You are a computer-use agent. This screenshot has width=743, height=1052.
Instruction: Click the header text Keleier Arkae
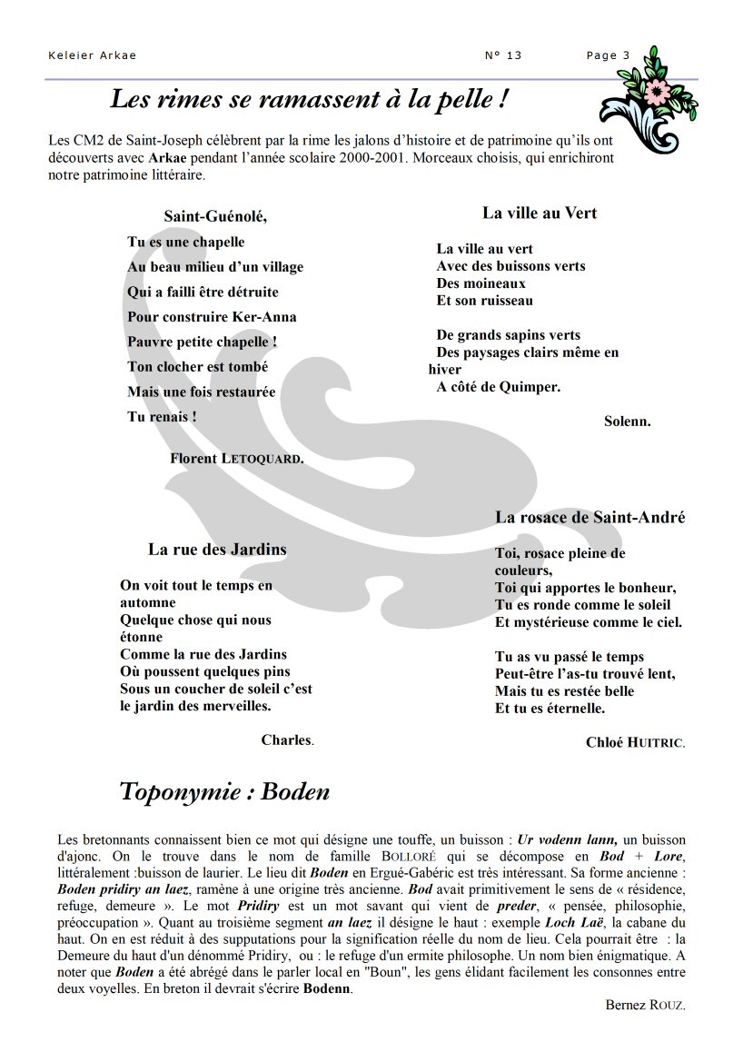coord(92,55)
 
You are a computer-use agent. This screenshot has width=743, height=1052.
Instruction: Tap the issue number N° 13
coord(503,55)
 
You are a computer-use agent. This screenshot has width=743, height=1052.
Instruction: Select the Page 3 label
coord(608,55)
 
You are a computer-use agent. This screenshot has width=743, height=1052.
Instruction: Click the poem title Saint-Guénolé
coord(215,216)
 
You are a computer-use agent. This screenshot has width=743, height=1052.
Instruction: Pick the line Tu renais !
coord(162,417)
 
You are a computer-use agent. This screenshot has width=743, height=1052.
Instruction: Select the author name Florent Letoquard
coord(236,459)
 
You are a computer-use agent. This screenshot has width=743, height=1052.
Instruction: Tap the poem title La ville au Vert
coord(540,213)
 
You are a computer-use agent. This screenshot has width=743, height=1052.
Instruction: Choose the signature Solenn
coord(627,422)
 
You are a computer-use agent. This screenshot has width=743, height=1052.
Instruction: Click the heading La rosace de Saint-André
coord(589,518)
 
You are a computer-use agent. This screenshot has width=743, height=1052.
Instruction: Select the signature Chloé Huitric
coord(635,742)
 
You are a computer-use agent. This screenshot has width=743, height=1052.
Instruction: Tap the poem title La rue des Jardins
coord(217,550)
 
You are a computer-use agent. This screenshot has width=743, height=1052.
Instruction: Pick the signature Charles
coord(287,740)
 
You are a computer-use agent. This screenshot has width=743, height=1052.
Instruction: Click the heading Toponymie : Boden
coord(224,792)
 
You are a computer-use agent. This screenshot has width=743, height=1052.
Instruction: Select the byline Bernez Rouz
coord(645,1005)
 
